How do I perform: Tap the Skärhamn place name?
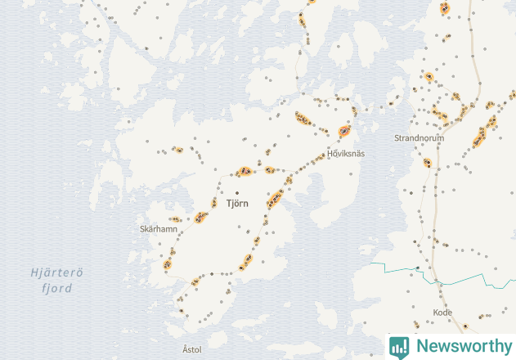(159, 229)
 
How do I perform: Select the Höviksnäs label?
(346, 153)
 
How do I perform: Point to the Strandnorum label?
(419, 138)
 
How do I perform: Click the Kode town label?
(442, 313)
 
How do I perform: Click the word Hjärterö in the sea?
(57, 273)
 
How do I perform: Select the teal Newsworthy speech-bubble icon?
(400, 346)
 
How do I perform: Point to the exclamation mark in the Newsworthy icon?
(400, 345)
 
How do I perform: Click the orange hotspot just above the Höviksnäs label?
(344, 131)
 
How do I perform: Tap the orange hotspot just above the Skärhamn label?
(175, 219)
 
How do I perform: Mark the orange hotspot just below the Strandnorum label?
(427, 162)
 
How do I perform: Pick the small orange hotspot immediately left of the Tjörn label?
(214, 202)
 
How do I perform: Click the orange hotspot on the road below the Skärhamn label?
(168, 263)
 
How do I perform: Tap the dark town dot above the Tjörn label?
(237, 192)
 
